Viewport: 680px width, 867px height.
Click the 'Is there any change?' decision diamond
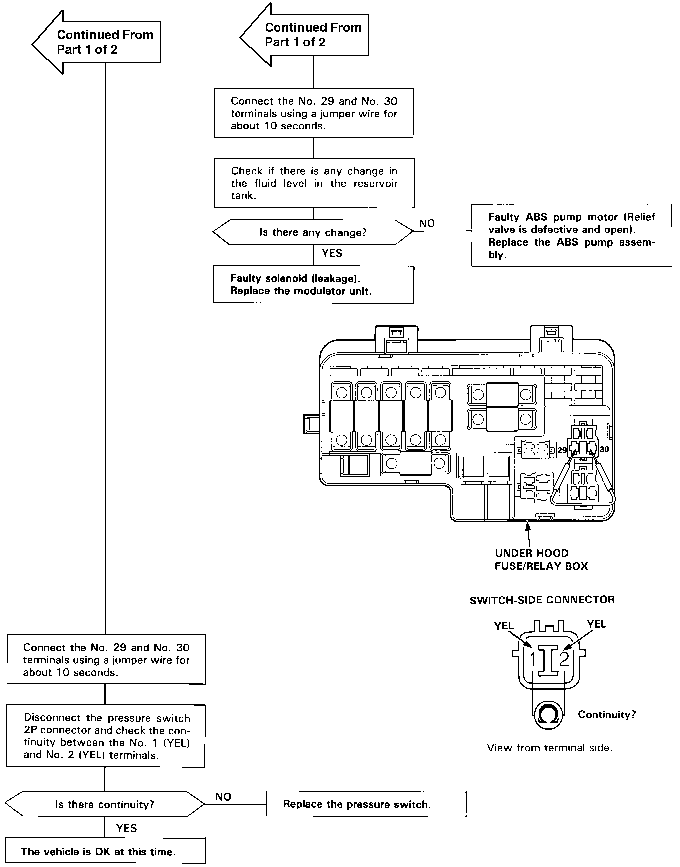point(313,232)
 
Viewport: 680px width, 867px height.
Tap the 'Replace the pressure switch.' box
point(366,804)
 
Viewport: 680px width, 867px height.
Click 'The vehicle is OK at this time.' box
point(105,851)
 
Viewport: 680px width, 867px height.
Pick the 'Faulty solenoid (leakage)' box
point(314,284)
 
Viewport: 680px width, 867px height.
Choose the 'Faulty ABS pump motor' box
point(572,235)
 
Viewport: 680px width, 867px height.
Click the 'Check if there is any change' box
point(314,183)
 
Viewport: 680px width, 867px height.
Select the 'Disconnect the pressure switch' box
point(105,736)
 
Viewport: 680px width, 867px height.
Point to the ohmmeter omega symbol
point(549,715)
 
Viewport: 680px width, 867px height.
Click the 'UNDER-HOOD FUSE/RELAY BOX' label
point(541,560)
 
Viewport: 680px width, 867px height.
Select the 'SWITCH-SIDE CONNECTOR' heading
point(542,599)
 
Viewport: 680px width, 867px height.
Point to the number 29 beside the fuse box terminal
point(562,450)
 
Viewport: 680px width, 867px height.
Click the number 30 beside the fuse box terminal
point(604,449)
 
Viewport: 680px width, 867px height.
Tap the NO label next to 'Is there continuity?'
point(223,797)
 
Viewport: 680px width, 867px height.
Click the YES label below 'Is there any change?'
point(332,253)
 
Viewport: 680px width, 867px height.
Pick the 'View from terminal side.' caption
point(549,748)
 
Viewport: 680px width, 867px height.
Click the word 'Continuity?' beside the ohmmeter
point(607,715)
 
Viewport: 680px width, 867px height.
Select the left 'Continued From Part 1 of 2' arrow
point(96,42)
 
